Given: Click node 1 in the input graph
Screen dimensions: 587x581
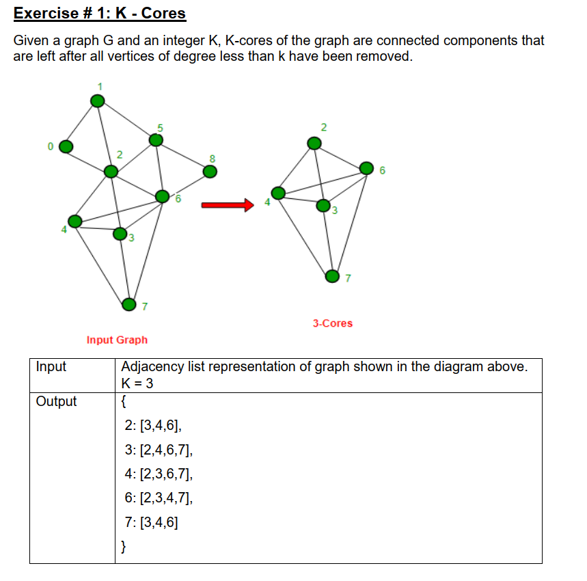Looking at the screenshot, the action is coord(98,100).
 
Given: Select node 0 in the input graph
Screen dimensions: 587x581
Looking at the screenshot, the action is coord(66,146).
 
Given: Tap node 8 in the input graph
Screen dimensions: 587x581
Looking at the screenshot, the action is coord(210,171).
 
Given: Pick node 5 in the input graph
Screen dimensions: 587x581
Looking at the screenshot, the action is coord(156,140).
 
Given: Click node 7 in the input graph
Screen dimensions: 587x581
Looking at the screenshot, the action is coord(128,304).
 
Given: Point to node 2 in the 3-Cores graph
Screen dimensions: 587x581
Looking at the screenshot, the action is coord(314,143).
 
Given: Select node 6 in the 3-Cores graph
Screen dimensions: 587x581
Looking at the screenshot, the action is coord(367,167).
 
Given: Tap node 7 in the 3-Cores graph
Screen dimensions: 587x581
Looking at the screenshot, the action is coord(332,277).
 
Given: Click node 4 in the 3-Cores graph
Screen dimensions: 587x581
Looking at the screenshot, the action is coord(279,193).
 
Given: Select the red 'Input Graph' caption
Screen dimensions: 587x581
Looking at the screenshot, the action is coord(117,340).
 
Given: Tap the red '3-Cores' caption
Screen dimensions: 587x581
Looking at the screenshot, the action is coord(333,323).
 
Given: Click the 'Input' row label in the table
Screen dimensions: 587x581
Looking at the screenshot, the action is coord(51,367).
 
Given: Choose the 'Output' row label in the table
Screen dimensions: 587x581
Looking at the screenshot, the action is coord(56,401).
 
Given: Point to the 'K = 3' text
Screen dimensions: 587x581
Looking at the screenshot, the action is coord(137,383).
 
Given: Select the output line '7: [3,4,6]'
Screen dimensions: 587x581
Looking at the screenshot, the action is coord(152,523).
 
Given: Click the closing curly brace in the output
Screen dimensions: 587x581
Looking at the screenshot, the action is coord(124,546).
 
